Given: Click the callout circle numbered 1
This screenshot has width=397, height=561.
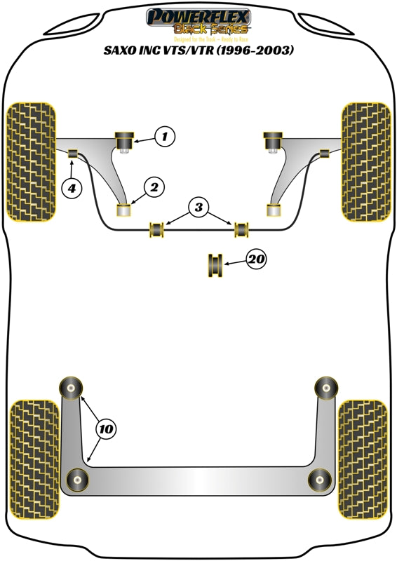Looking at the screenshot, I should (x=164, y=136).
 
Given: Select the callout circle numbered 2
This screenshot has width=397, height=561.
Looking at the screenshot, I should (x=154, y=187).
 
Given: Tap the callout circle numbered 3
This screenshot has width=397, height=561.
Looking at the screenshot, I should (x=199, y=207).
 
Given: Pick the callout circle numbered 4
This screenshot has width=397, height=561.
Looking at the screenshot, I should (x=71, y=187).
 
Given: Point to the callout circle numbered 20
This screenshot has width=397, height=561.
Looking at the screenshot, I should (x=257, y=259).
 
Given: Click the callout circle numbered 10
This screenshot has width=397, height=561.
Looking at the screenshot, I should (x=106, y=428).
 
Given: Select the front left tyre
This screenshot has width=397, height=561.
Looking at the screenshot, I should (x=30, y=162).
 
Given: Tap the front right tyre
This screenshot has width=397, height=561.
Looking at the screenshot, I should (x=366, y=162).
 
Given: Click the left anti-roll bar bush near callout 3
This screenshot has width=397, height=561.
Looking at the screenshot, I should (x=157, y=229).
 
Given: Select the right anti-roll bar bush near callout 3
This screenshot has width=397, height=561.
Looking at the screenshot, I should (x=242, y=229).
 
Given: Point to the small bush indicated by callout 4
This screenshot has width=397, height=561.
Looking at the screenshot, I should (x=73, y=153).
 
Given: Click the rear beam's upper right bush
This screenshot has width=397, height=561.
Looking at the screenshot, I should (x=325, y=386).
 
